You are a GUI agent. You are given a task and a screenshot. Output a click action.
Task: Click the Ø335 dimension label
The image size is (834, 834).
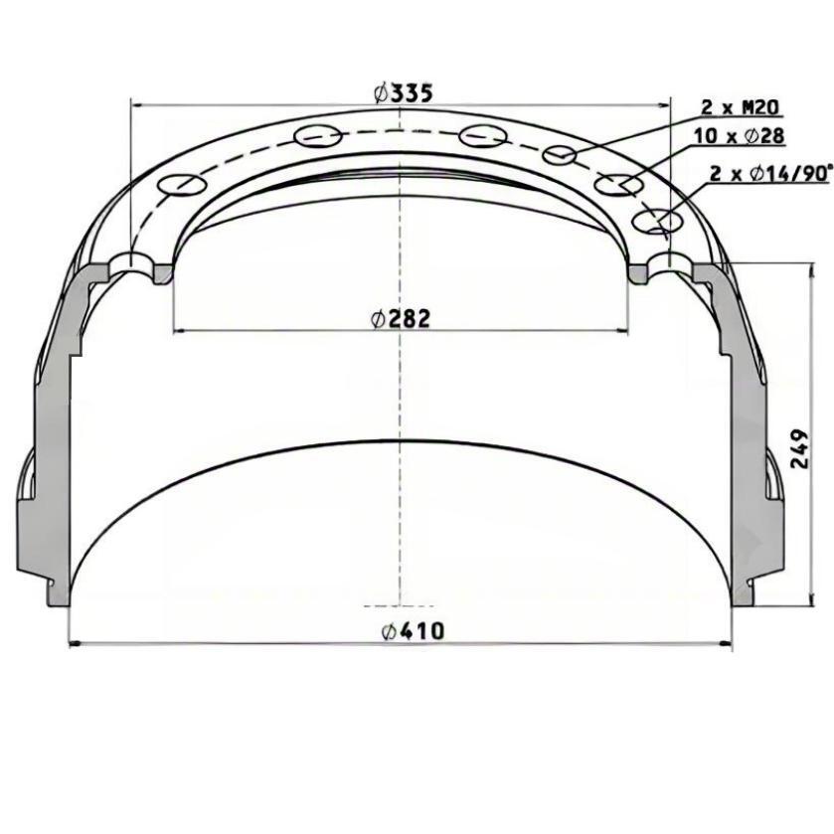[x=404, y=94]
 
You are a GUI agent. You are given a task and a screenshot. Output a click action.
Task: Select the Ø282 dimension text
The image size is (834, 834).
[x=401, y=319]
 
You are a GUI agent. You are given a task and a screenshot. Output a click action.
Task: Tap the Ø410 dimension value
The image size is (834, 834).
[x=413, y=631]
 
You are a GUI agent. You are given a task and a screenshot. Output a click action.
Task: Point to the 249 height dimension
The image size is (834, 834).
[x=799, y=449]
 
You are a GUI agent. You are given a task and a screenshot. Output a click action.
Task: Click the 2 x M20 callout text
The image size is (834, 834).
[x=740, y=108]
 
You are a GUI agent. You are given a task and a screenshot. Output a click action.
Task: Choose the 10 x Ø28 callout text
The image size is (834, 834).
[x=739, y=136]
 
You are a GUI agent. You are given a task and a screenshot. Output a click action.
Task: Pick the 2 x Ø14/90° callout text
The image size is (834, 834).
[x=770, y=173]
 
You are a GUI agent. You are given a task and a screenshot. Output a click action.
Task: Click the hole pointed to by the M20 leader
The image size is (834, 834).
[x=559, y=155]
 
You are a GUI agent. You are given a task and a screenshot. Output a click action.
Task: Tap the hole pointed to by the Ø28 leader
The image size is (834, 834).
[x=619, y=185]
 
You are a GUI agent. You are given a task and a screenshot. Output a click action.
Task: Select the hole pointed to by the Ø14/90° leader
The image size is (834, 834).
[x=657, y=222]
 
